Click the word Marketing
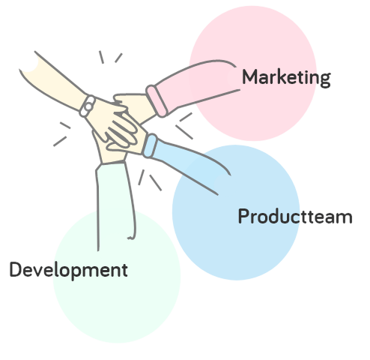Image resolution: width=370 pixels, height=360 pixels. pos(287,78)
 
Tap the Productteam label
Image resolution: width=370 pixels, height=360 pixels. pos(295,216)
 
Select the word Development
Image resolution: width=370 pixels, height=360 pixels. pos(69,270)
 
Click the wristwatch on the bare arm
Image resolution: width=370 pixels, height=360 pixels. pos(88,106)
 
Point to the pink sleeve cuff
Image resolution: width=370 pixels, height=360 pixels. pos(157,100)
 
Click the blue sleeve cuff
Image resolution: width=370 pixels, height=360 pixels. pos(150,145)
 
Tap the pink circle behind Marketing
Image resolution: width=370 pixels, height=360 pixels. pos(252,73)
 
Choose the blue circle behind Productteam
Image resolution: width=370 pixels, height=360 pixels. pos(236,212)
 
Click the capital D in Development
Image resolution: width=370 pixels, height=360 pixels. pos(16,269)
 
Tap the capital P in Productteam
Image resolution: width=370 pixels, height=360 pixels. pos(243,216)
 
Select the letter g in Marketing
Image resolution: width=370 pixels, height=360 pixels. pos(325,80)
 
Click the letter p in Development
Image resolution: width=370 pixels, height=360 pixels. pos(76,272)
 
